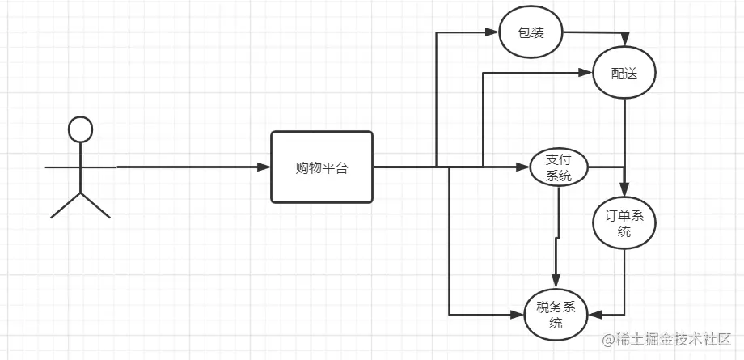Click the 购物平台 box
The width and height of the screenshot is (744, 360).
click(322, 167)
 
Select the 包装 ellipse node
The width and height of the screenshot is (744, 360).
click(531, 33)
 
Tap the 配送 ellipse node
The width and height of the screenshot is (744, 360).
click(624, 74)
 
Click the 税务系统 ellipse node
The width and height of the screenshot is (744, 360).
click(556, 314)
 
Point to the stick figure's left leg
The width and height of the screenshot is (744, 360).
click(66, 205)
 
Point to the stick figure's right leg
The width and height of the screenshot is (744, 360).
click(95, 205)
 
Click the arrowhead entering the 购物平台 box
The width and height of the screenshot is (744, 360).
click(264, 167)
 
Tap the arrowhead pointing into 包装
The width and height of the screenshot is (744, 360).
click(490, 33)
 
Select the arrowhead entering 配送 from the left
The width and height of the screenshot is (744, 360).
click(586, 74)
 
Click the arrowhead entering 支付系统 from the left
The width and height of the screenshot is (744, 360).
click(522, 167)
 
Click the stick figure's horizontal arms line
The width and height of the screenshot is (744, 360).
click(80, 167)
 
